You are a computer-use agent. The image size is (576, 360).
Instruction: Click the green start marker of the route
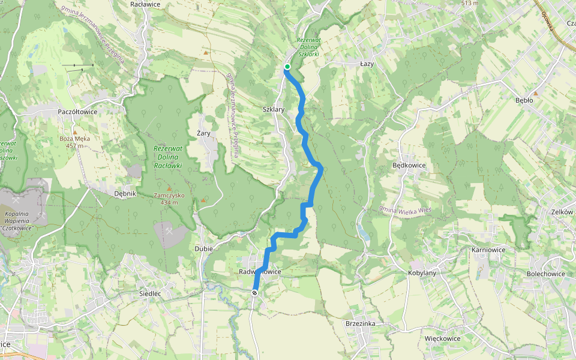point(287,67)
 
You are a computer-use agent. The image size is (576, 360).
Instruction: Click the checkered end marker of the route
point(255,293)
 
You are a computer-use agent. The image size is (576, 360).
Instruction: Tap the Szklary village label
point(274,109)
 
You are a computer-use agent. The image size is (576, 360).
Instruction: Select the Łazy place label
point(367,63)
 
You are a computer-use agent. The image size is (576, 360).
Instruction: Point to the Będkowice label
point(409,165)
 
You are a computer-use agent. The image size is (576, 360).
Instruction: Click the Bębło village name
point(524,100)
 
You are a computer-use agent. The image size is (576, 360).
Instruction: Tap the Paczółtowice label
point(77,112)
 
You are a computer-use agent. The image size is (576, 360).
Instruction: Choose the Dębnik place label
point(126,194)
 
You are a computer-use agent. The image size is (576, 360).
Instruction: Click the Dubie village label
point(204,248)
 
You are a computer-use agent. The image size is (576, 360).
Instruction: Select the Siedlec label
point(150,293)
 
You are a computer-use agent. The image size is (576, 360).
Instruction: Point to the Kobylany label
point(422,273)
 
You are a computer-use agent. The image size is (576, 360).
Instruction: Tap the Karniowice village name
point(489,250)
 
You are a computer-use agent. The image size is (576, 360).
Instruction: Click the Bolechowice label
point(546,274)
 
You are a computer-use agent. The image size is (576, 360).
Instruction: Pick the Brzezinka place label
point(361,323)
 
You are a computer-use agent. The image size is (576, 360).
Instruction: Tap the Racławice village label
point(145,4)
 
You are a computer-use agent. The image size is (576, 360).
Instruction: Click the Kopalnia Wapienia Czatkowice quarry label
point(24,221)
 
